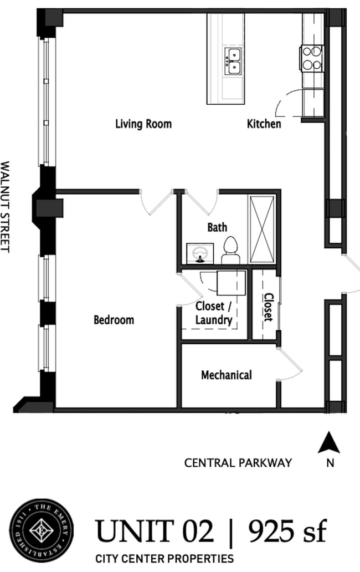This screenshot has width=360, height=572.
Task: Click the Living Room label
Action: pyautogui.click(x=143, y=124)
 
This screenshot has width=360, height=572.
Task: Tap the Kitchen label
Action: pyautogui.click(x=264, y=124)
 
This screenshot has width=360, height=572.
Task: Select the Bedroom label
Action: pyautogui.click(x=114, y=320)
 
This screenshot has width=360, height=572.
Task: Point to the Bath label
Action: pyautogui.click(x=217, y=227)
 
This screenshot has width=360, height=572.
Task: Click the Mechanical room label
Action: pyautogui.click(x=226, y=375)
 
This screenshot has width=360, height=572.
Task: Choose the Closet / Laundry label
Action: pyautogui.click(x=213, y=313)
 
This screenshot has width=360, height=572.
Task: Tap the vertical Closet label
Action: pyautogui.click(x=268, y=307)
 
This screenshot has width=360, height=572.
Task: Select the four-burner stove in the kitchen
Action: pyautogui.click(x=312, y=58)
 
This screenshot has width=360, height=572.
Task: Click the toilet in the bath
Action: pyautogui.click(x=230, y=250)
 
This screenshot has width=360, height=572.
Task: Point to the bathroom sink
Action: pyautogui.click(x=200, y=253)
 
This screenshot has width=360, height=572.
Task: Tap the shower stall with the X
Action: pyautogui.click(x=262, y=229)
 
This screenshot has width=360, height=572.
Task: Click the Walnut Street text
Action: pyautogui.click(x=6, y=206)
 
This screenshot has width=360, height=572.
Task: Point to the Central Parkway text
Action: pyautogui.click(x=238, y=463)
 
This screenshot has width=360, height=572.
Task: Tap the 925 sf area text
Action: pyautogui.click(x=287, y=532)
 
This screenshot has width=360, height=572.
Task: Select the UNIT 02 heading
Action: pyautogui.click(x=155, y=532)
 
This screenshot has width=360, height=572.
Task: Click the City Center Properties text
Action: pyautogui.click(x=164, y=559)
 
